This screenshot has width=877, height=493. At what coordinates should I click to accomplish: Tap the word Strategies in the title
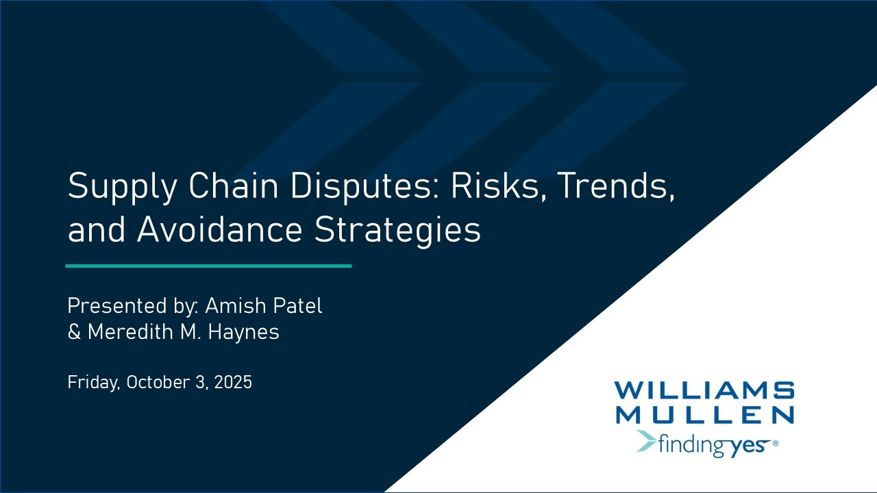coord(397,231)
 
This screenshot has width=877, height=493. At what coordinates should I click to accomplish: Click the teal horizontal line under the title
coord(208,266)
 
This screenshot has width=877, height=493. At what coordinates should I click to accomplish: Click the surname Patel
coord(297,305)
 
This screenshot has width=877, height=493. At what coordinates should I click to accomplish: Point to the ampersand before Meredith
coord(74,333)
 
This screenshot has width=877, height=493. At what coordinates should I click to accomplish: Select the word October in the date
coord(160,381)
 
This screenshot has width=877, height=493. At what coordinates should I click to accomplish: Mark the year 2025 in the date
coord(233,381)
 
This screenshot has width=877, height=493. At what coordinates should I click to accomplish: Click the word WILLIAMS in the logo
coord(704,391)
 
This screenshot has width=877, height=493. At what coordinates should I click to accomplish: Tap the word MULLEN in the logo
coord(704,414)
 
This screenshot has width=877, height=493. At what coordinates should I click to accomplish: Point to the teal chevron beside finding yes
coord(646,442)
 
